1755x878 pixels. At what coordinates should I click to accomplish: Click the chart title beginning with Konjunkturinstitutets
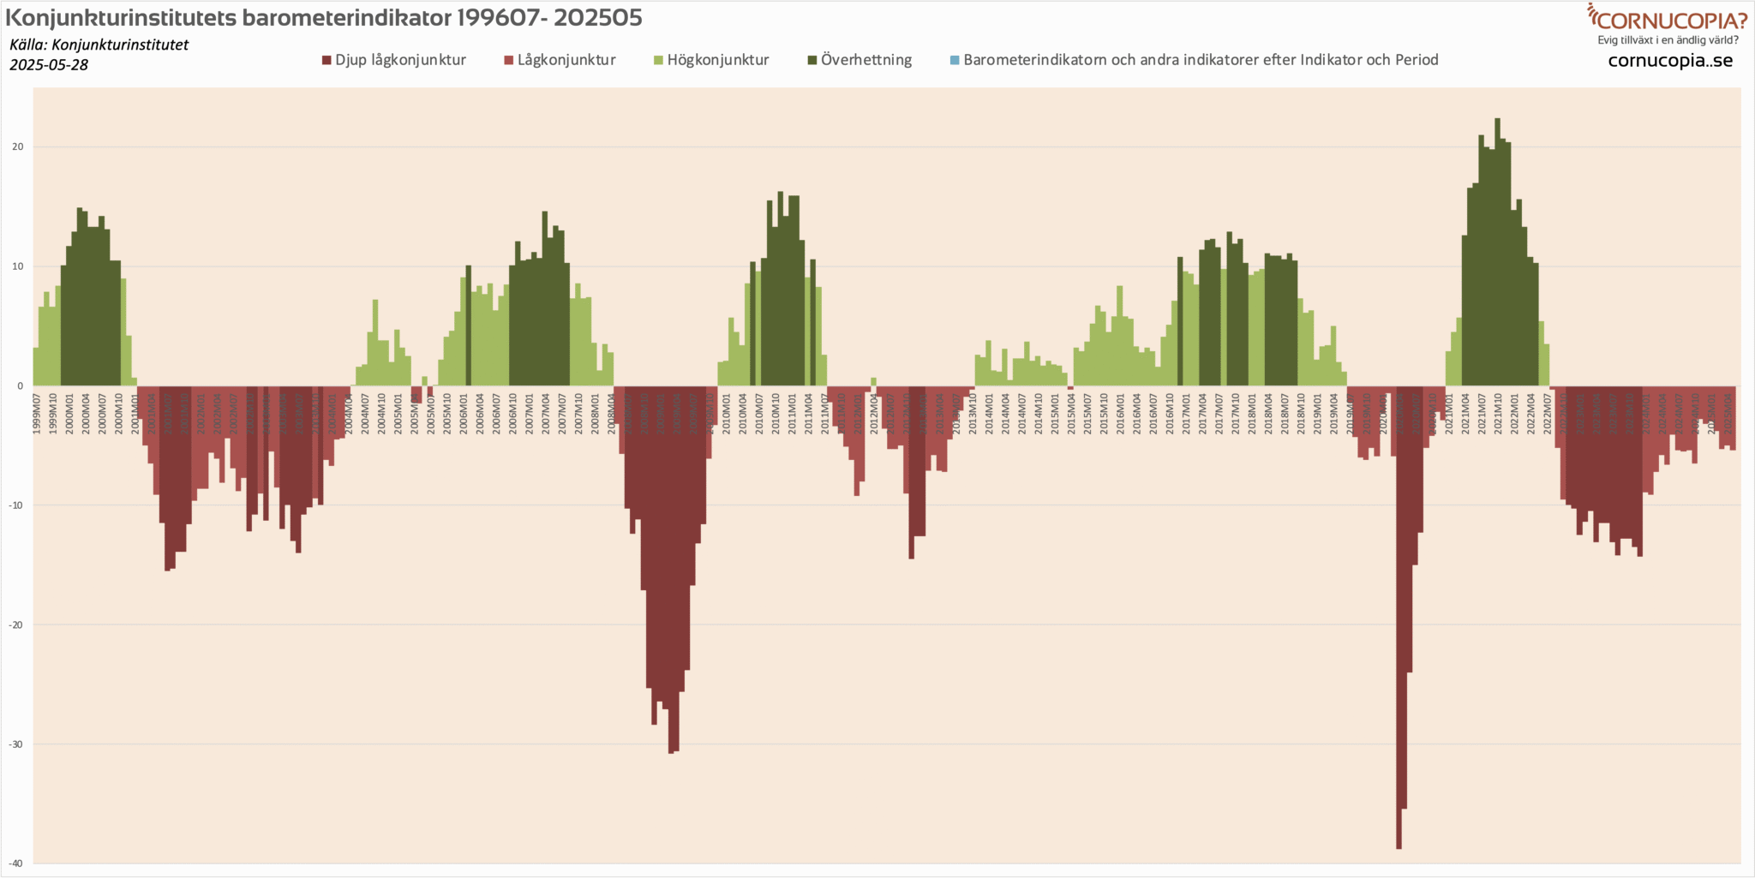[324, 17]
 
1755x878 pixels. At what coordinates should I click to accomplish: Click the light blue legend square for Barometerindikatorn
[955, 60]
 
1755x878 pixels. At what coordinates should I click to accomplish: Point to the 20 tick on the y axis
[17, 146]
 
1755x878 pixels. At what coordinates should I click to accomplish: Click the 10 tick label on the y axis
[17, 266]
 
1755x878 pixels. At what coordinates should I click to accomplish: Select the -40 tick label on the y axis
[15, 863]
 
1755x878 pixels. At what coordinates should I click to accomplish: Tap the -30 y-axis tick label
[15, 744]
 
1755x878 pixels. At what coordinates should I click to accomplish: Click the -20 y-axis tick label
[15, 624]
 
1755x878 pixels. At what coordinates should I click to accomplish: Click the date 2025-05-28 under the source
[49, 65]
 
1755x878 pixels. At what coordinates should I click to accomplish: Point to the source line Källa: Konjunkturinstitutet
[99, 45]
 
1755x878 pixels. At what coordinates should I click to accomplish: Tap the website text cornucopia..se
[1670, 61]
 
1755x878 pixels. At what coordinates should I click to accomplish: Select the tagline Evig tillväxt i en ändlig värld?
[1668, 40]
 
